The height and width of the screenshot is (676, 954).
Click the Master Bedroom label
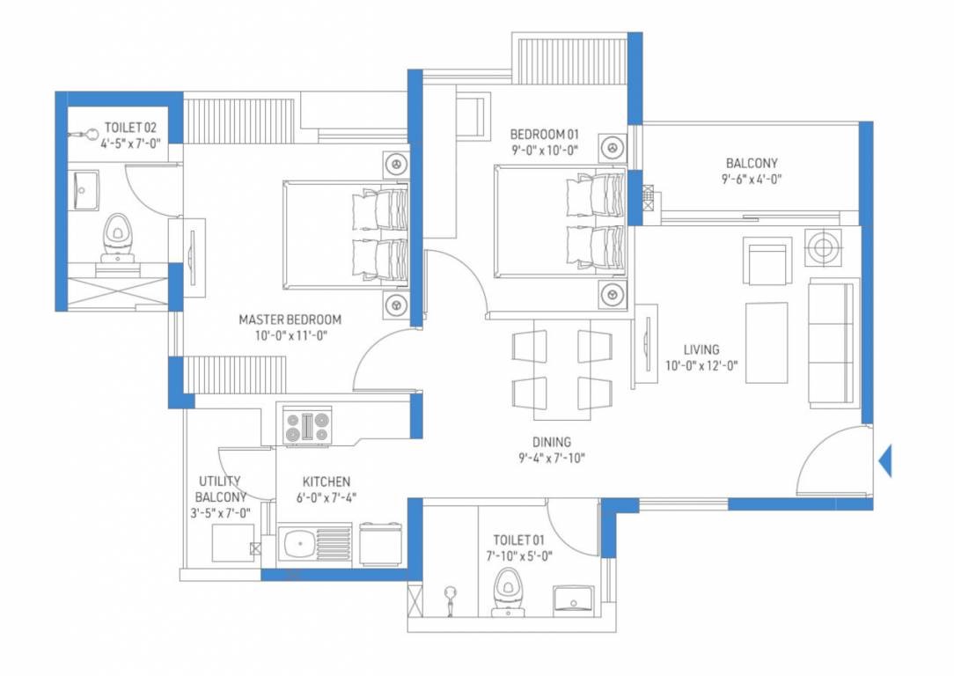click(290, 320)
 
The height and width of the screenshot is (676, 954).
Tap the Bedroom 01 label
click(545, 134)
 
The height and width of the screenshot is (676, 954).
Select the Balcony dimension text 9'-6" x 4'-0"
click(752, 179)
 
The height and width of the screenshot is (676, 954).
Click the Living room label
click(701, 349)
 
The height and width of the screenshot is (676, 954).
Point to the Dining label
click(552, 443)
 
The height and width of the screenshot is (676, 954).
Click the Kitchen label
click(327, 481)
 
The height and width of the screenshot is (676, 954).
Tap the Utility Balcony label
click(220, 489)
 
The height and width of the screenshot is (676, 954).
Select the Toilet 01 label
click(519, 540)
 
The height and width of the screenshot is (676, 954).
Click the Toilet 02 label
click(131, 128)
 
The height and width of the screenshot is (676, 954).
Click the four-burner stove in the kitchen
click(308, 426)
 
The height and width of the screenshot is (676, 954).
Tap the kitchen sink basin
click(298, 543)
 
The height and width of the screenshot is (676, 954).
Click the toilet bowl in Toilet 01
click(509, 591)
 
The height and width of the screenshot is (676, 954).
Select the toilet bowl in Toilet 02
click(117, 238)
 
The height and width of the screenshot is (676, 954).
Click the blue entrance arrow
click(886, 460)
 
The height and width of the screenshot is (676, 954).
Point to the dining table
click(561, 369)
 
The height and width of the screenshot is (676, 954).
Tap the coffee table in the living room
click(767, 343)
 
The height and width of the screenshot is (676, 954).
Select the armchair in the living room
click(767, 261)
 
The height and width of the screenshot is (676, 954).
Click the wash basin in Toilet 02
click(85, 190)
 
